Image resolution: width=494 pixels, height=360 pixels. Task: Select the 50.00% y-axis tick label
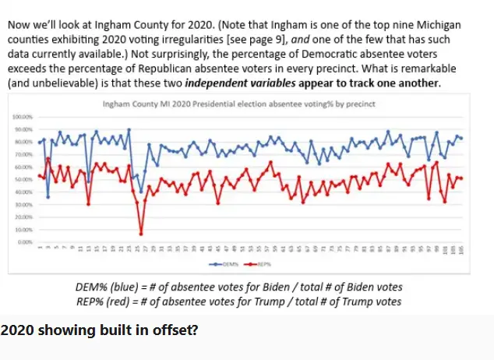pos(21,179)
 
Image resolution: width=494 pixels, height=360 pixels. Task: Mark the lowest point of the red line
pos(141,233)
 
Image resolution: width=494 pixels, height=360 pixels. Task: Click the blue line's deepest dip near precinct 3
pos(48,197)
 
